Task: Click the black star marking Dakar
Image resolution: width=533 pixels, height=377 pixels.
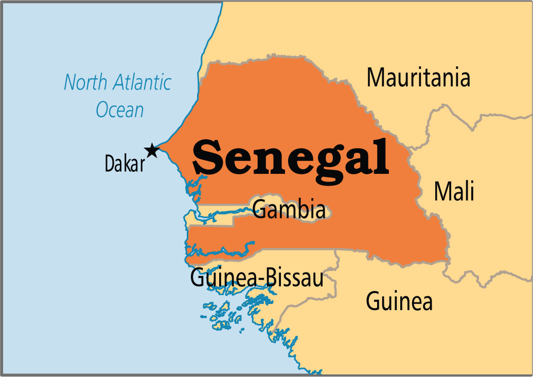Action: pos(151,150)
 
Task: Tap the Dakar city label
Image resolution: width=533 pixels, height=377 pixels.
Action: pos(125,164)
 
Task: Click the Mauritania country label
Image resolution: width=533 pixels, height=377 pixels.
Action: pos(418,78)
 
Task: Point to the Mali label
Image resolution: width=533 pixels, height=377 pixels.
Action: pos(454,191)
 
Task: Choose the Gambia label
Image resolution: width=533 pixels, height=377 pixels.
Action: pos(289,210)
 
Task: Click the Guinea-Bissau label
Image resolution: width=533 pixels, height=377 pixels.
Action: pos(257,278)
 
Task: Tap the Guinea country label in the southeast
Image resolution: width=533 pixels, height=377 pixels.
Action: pos(399,301)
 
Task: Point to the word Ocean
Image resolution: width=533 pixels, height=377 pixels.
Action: pos(120,110)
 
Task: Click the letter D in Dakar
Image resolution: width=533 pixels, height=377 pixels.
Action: pos(110,164)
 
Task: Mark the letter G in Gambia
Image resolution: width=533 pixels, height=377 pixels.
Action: pos(260,210)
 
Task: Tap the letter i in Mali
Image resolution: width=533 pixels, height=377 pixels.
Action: pos(471,191)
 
